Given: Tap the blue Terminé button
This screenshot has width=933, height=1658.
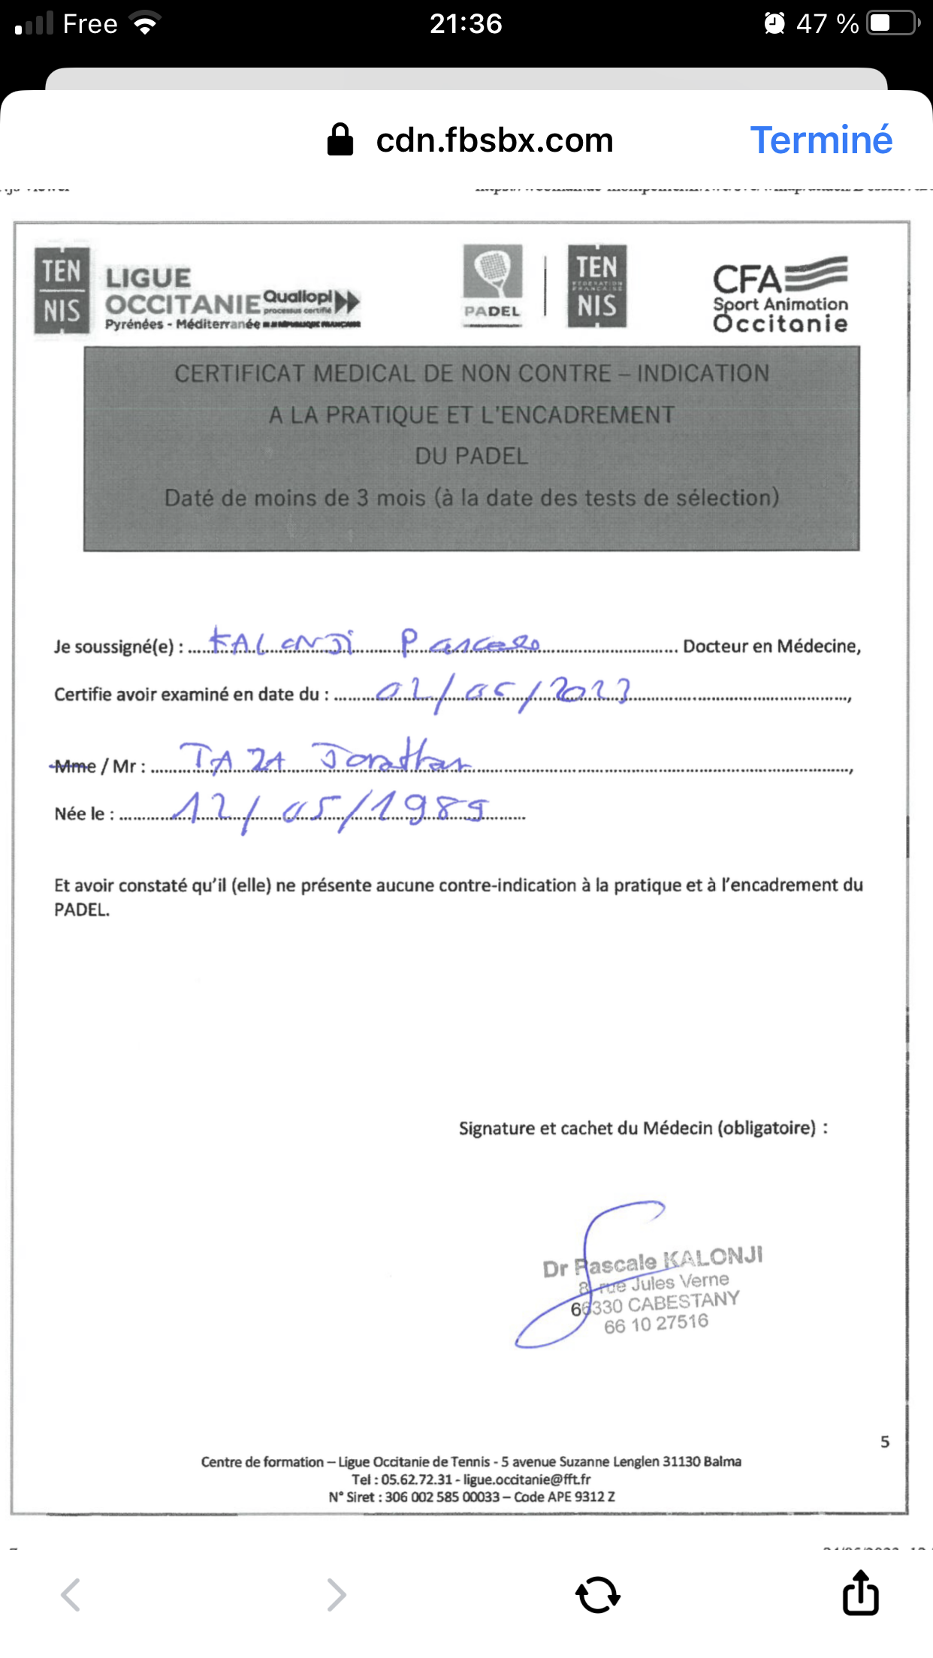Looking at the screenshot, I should [x=821, y=140].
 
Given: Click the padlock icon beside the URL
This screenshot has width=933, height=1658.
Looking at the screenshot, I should [x=340, y=140].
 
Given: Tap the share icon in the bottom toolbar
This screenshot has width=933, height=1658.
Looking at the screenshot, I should [x=860, y=1593].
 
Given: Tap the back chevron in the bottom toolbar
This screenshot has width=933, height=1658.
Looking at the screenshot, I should [x=71, y=1594].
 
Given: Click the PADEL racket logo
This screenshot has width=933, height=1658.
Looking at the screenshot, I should [x=492, y=285].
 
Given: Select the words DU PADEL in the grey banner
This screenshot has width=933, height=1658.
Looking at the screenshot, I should [x=472, y=456].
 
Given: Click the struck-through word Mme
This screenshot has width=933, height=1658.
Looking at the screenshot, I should [x=75, y=766].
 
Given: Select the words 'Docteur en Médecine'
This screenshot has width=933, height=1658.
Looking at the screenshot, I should [x=771, y=646].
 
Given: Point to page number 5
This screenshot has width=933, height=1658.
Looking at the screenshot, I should [x=885, y=1442].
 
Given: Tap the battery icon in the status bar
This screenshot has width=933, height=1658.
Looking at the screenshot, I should [x=892, y=23].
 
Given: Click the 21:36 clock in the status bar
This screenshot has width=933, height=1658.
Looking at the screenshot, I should [x=466, y=24].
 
